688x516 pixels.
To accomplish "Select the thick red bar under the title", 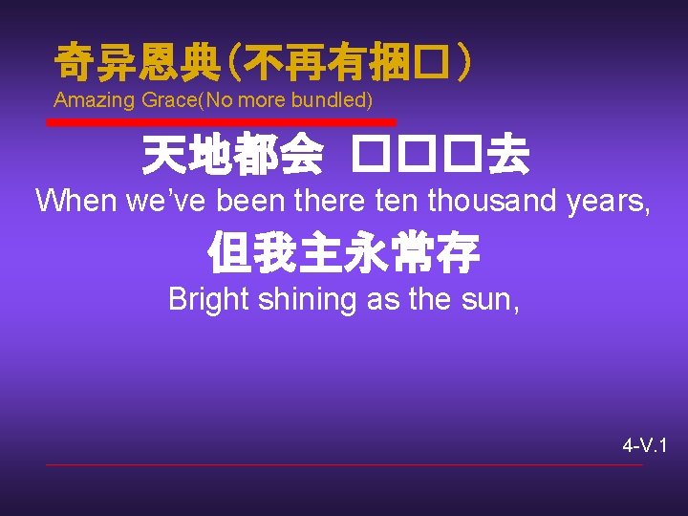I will tap(222, 122).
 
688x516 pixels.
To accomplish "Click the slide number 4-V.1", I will tap(645, 445).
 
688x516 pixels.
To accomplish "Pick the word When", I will tap(74, 201).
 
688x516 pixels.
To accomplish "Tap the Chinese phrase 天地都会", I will tap(231, 156).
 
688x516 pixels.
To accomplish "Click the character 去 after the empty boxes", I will tap(507, 156).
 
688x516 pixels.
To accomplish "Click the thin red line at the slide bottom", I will tap(344, 465).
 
